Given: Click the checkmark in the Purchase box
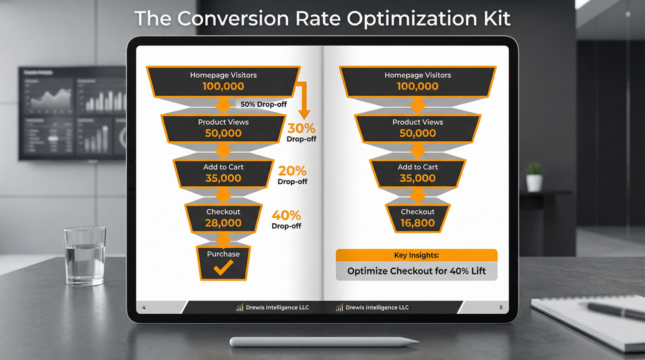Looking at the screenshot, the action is tap(223, 268).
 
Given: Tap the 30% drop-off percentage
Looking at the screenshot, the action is tap(301, 128).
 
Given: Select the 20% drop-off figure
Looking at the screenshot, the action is tap(292, 171).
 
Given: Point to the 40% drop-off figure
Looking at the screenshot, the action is tap(286, 215).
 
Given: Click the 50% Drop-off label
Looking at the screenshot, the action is tap(264, 105).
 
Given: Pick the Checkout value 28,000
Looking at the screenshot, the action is tap(223, 223).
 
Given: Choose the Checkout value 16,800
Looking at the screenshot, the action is tap(418, 223).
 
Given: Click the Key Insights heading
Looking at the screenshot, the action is tap(417, 255).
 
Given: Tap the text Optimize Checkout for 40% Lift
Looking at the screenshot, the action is tap(417, 271).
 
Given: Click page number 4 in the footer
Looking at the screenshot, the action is tap(144, 307).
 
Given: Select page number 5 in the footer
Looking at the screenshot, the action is tap(501, 307).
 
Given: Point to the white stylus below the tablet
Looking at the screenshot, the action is tap(323, 341).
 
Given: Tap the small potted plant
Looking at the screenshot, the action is tap(535, 177).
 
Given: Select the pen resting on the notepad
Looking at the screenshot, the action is tap(615, 311).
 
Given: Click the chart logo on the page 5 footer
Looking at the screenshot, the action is tap(340, 307).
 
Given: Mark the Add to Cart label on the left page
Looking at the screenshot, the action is tap(223, 167).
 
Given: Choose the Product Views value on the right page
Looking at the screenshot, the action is tap(418, 133).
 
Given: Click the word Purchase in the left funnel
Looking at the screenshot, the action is tap(223, 254).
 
